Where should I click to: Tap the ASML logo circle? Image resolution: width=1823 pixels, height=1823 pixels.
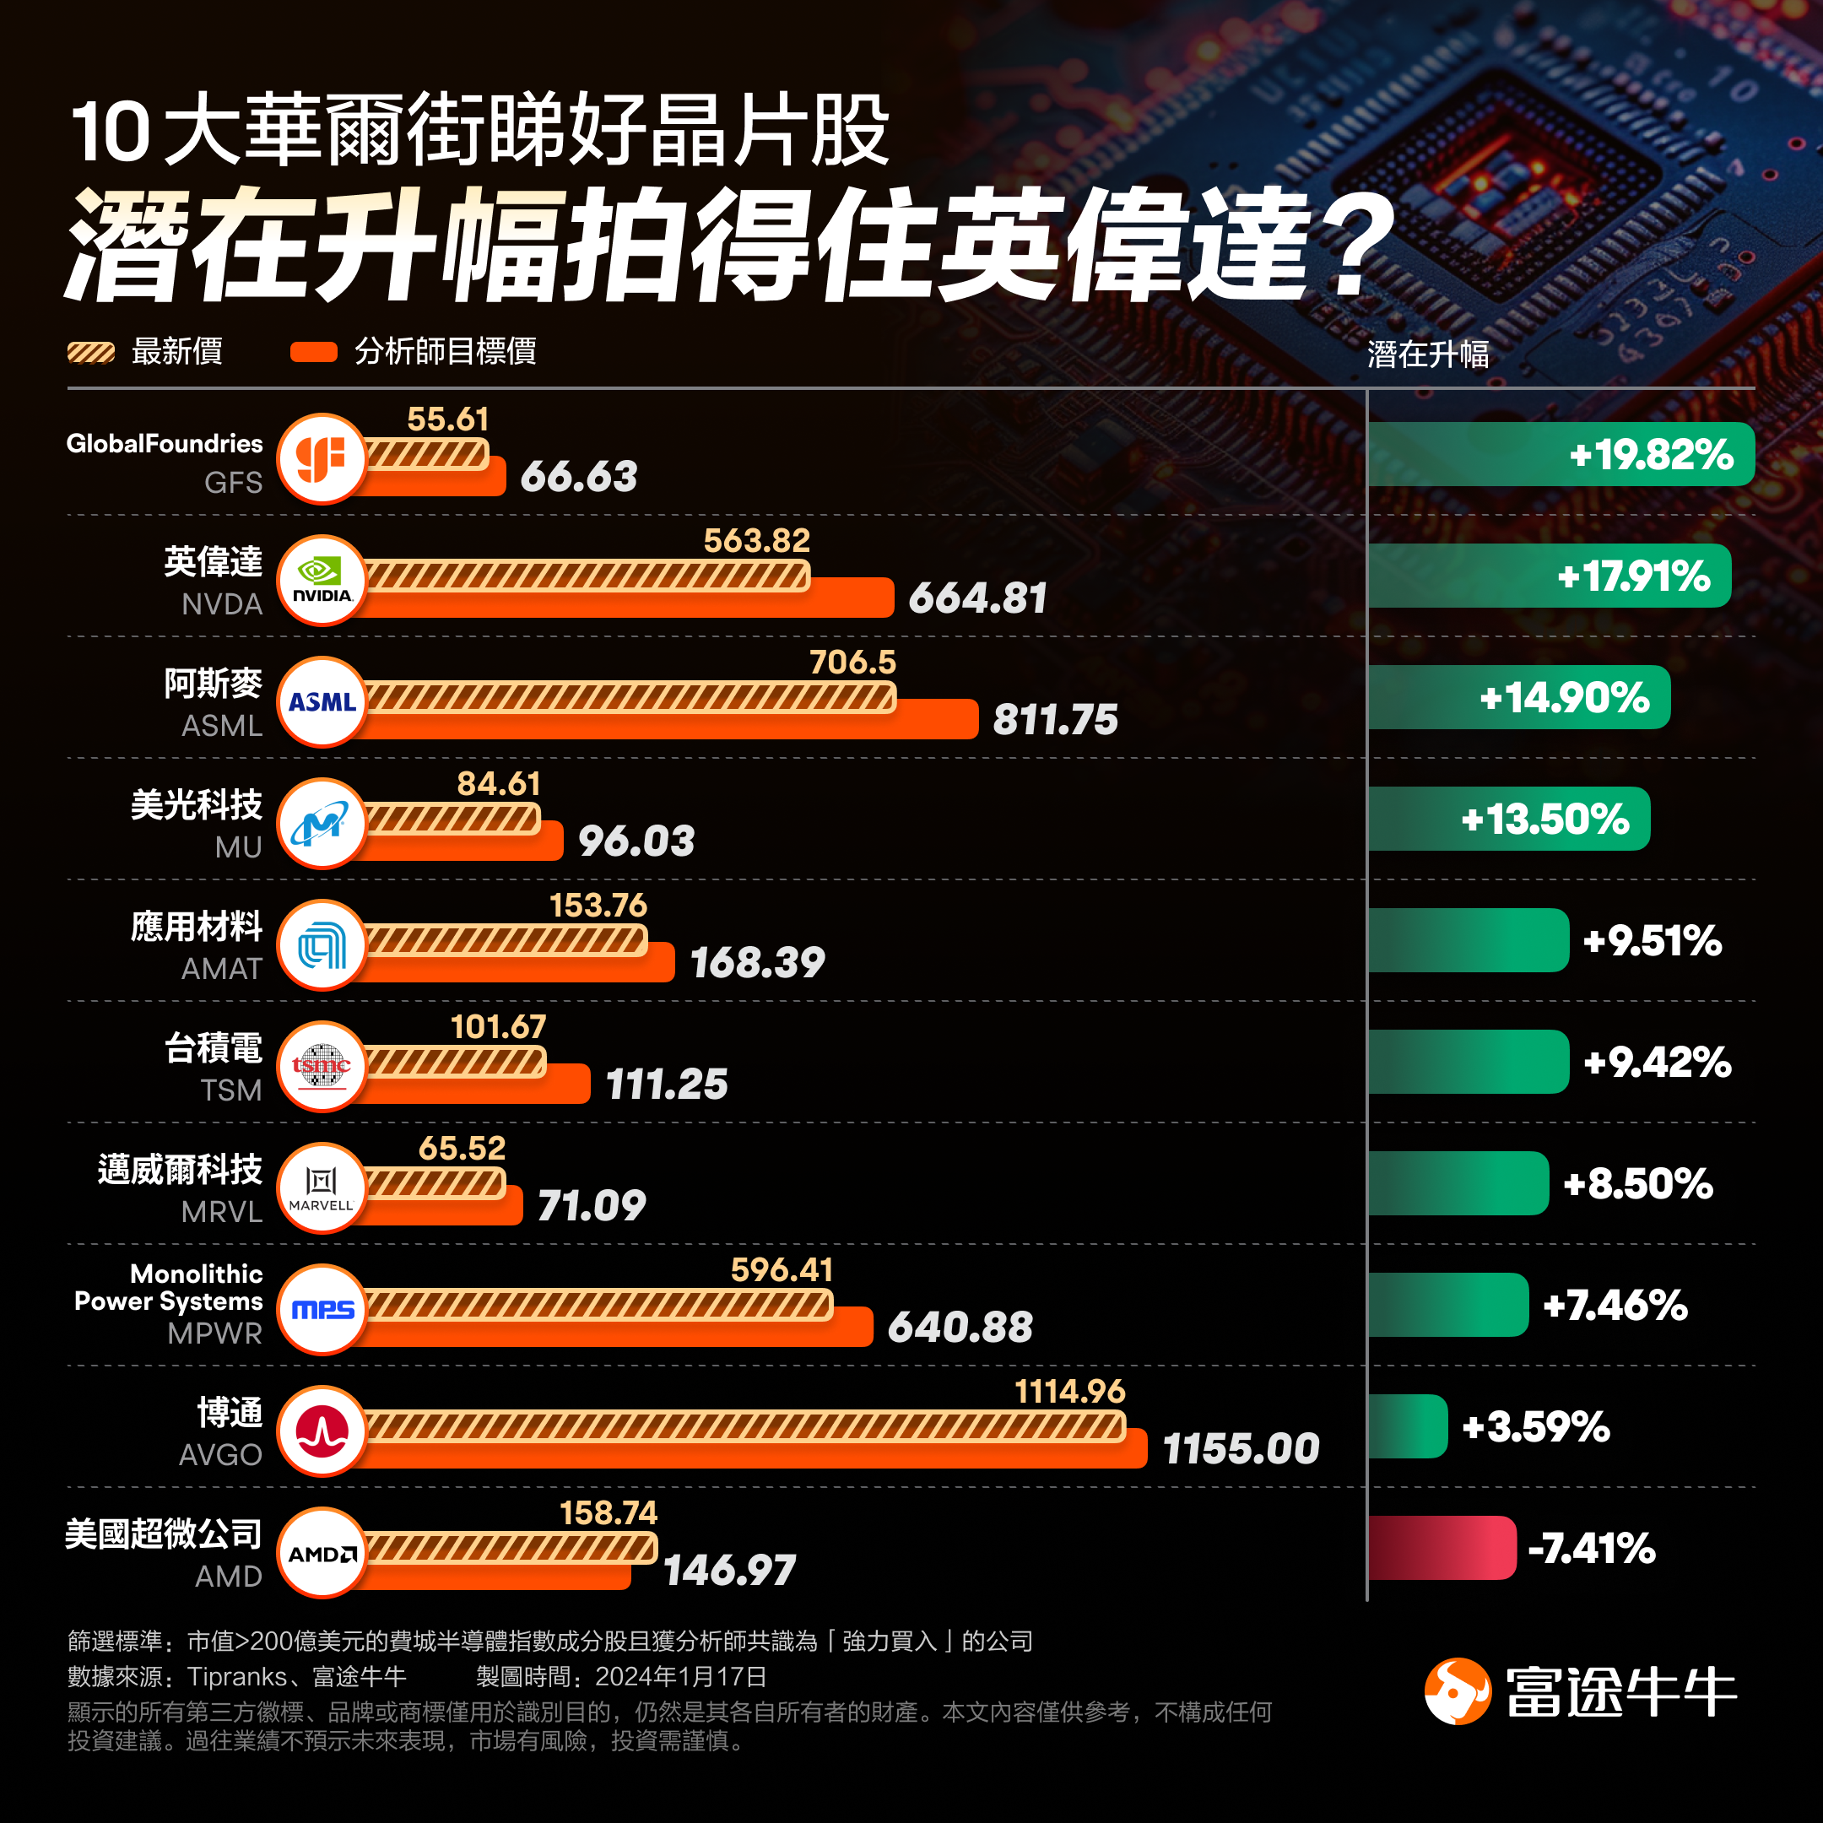pyautogui.click(x=322, y=702)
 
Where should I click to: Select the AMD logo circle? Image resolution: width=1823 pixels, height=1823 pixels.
pyautogui.click(x=322, y=1553)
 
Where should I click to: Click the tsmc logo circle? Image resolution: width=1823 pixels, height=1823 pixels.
pyautogui.click(x=322, y=1066)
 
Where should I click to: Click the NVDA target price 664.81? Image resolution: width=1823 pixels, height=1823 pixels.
pyautogui.click(x=977, y=598)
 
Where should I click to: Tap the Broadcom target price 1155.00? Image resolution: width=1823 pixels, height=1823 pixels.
pyautogui.click(x=1240, y=1449)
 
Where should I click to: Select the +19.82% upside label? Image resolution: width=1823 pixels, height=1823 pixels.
pyautogui.click(x=1650, y=455)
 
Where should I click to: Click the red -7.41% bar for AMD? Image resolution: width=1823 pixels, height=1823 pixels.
pyautogui.click(x=1441, y=1548)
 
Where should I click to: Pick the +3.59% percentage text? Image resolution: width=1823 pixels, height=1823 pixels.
pyautogui.click(x=1535, y=1426)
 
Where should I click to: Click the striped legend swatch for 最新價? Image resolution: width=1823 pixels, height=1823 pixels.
pyautogui.click(x=90, y=353)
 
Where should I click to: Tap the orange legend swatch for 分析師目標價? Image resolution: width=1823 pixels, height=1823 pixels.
pyautogui.click(x=313, y=353)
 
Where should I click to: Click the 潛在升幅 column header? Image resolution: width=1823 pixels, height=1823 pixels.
pyautogui.click(x=1428, y=354)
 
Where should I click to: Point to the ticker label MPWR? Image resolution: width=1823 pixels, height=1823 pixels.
pyautogui.click(x=215, y=1333)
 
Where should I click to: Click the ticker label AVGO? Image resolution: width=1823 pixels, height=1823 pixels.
pyautogui.click(x=221, y=1454)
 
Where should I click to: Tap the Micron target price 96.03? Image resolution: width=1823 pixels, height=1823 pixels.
pyautogui.click(x=636, y=841)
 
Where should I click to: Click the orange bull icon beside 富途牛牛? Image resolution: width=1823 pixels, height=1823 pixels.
pyautogui.click(x=1457, y=1690)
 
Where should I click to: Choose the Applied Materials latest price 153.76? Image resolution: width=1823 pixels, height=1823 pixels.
pyautogui.click(x=598, y=906)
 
